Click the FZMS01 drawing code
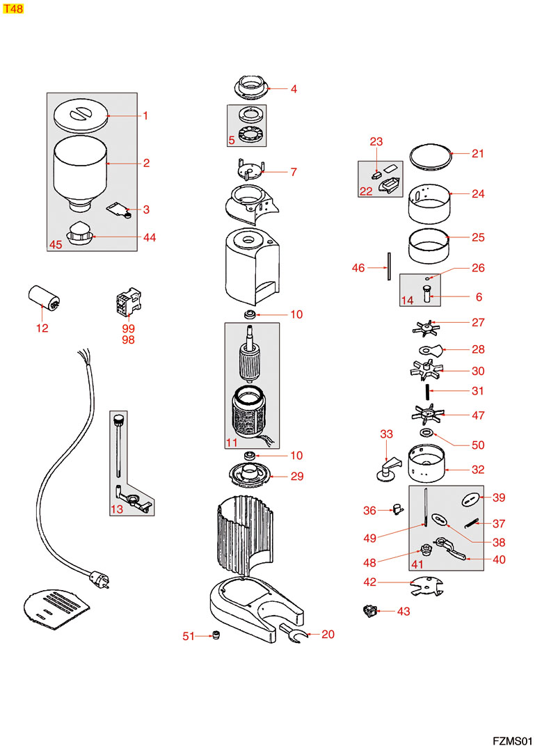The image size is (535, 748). pos(512,739)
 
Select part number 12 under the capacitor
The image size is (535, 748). pos(42,328)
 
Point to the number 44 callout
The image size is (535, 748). pos(149,237)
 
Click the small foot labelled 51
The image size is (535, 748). pos(216,635)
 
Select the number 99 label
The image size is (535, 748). pos(128,328)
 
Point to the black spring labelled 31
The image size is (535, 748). pos(431,391)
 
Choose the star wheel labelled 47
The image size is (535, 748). pos(430,415)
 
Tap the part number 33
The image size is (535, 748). pos(386,434)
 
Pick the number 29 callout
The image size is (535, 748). pos(296,477)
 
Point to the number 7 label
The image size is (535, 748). pos(294,172)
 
